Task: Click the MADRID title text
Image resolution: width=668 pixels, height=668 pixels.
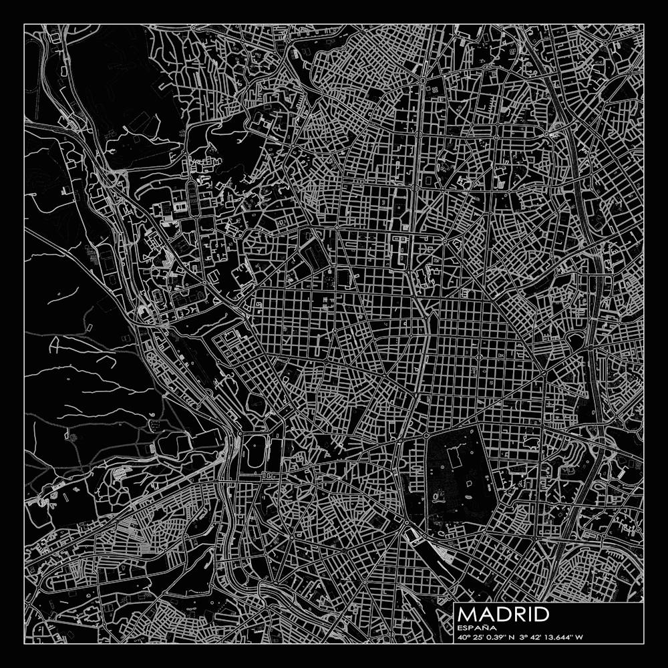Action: coord(504,615)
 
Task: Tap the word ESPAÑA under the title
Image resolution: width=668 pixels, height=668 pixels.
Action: coord(476,628)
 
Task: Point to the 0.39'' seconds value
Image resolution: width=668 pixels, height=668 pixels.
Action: coord(494,637)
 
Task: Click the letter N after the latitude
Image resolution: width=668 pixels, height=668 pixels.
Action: coord(511,637)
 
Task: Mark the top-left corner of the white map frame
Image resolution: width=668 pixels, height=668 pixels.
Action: coord(24,24)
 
